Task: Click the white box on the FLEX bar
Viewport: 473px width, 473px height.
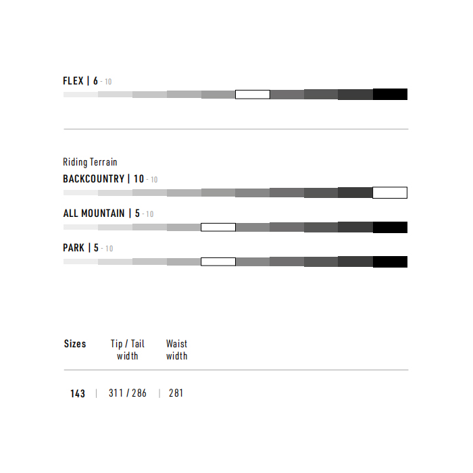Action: click(253, 95)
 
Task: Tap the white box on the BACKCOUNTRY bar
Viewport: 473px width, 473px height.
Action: click(390, 193)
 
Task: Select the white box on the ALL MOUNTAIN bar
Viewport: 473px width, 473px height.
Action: click(218, 227)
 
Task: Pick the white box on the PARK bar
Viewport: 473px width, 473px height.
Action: click(218, 262)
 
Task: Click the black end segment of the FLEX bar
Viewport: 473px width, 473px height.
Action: click(390, 94)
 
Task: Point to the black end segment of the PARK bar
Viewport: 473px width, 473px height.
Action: click(390, 262)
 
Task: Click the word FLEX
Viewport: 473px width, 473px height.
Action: click(73, 81)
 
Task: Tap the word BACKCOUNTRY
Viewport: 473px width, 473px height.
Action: click(93, 179)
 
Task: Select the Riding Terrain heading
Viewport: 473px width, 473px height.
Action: click(90, 162)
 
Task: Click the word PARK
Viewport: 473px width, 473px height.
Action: click(73, 248)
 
